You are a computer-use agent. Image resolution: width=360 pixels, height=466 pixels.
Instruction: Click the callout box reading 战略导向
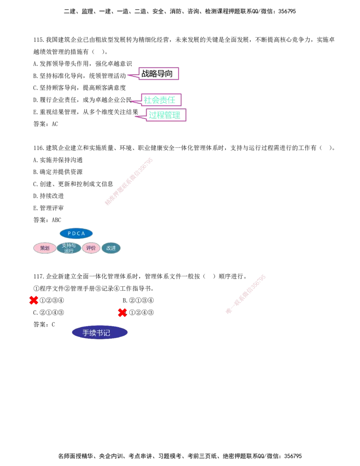158,74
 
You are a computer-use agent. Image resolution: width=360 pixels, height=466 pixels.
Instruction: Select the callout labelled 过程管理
166,115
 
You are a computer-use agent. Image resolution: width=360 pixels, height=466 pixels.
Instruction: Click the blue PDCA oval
76,234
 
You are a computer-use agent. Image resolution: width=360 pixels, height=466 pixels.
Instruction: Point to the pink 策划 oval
45,248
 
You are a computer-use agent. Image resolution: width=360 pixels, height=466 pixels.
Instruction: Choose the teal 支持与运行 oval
69,248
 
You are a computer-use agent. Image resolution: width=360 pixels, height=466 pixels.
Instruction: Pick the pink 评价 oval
91,248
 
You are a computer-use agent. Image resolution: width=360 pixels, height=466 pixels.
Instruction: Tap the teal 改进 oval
111,248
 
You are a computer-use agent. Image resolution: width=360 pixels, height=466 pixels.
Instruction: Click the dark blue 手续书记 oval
100,333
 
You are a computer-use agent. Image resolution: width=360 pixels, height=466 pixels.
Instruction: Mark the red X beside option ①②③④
34,300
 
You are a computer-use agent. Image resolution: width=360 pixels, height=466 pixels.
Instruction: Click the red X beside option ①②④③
122,312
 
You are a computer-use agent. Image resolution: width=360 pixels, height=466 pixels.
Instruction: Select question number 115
39,40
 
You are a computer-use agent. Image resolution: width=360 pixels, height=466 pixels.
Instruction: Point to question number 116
39,148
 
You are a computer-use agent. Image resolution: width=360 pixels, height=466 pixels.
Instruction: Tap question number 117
39,276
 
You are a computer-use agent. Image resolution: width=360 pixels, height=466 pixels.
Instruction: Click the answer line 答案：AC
46,124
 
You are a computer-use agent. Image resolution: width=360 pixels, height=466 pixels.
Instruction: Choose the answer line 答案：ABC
47,220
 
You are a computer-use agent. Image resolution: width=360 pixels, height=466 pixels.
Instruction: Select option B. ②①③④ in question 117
138,300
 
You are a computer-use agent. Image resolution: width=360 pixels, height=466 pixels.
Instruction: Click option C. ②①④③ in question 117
49,312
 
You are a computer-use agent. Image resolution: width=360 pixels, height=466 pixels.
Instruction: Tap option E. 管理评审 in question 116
49,208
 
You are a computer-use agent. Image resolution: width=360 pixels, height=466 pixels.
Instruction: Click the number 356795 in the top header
287,11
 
